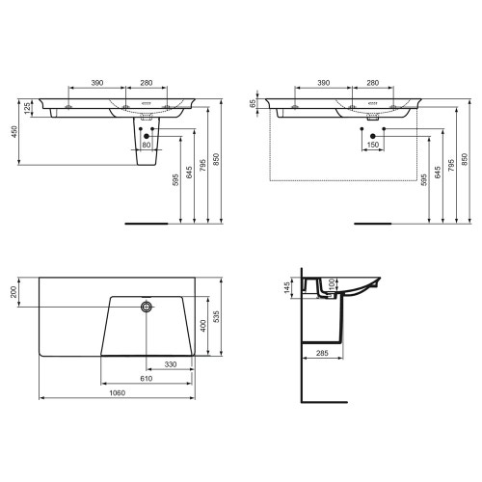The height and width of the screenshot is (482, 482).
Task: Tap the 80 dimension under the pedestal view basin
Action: point(147,146)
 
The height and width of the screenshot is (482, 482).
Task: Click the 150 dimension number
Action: point(372,145)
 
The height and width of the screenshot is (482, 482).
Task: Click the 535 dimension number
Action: point(219,316)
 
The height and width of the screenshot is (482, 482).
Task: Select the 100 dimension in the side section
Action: point(333,285)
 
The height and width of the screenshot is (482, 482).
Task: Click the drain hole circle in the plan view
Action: point(147,308)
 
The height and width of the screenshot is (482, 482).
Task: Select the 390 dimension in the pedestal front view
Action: point(97,84)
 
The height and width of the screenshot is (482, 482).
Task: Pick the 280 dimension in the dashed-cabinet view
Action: point(372,84)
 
